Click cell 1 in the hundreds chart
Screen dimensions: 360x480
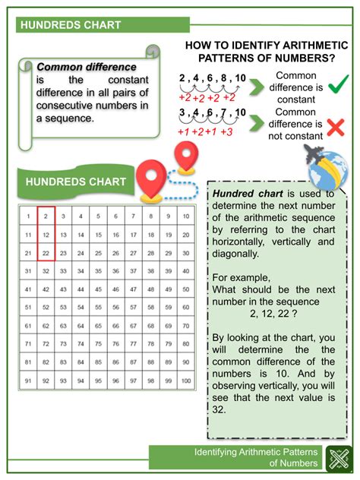pyautogui.click(x=27, y=216)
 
